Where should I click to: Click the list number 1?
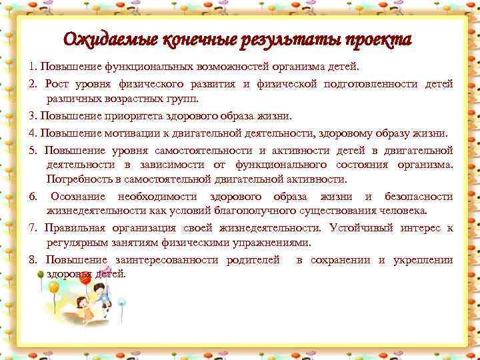31,67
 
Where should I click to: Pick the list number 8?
32,259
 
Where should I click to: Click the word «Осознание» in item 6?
81,197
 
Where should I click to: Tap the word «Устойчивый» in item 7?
358,227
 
